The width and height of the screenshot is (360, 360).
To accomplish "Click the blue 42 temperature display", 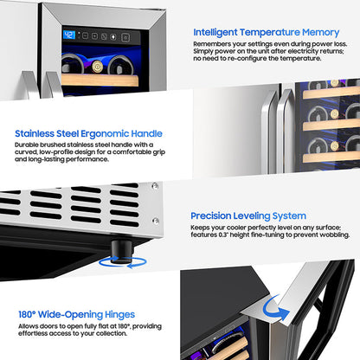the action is [x=69, y=35].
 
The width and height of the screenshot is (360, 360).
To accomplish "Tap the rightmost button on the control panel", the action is [x=125, y=37].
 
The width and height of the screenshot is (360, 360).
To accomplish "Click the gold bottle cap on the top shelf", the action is [x=98, y=67].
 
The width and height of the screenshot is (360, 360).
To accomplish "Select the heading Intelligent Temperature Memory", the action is [x=267, y=32].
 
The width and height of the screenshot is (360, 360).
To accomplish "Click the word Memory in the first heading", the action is [x=320, y=33].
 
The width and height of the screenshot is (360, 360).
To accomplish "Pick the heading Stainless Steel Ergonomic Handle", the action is [x=88, y=134].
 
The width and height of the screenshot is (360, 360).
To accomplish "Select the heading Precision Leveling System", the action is [x=248, y=215].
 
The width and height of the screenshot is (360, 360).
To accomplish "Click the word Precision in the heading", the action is [x=211, y=215].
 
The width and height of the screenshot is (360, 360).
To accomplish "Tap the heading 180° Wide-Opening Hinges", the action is [x=77, y=314].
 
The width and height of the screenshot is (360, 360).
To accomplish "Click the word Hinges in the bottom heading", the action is [x=119, y=315].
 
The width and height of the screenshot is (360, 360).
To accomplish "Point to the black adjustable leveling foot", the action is [x=122, y=252].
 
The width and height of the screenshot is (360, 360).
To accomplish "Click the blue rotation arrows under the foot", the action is [x=123, y=263].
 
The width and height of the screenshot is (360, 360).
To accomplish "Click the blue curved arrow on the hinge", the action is [x=275, y=309].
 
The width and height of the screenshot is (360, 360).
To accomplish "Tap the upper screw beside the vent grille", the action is [x=155, y=186].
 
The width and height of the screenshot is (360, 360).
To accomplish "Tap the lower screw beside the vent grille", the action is [x=156, y=222].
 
